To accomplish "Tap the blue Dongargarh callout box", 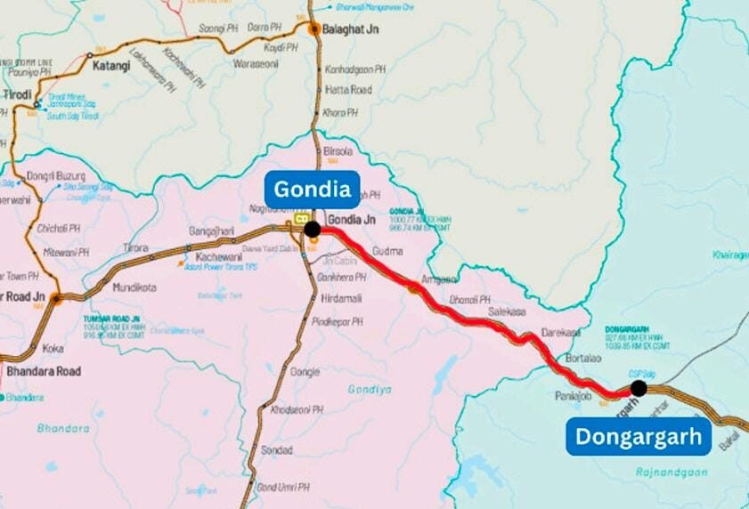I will click(638, 437).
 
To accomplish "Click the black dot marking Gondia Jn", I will click(313, 229).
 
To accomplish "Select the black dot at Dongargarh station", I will click(638, 388).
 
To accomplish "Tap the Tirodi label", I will click(16, 94).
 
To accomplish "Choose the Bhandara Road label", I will click(44, 370).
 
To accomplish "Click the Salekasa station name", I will click(508, 312).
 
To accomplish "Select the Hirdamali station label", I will click(341, 300).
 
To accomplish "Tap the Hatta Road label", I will click(348, 90).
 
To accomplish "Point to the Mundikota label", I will click(134, 287).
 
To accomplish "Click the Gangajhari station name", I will click(211, 231).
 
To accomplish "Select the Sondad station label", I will click(277, 450).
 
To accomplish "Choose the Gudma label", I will click(387, 251).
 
